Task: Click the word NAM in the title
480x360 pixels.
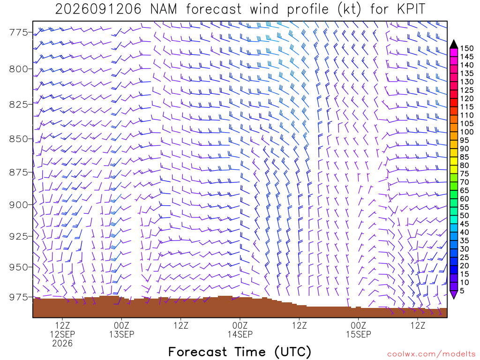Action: (x=164, y=9)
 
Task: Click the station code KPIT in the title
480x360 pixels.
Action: (x=411, y=9)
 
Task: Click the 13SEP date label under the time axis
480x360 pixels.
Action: (x=122, y=334)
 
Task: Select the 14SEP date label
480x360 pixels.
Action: (x=240, y=334)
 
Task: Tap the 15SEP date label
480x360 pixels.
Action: (x=359, y=334)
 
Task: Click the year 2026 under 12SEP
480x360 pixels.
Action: (x=62, y=344)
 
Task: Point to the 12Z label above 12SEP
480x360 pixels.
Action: (x=62, y=325)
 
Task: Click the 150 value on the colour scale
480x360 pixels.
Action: (x=467, y=48)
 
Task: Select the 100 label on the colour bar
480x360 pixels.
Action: (x=467, y=132)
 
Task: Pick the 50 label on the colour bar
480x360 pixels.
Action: (x=465, y=216)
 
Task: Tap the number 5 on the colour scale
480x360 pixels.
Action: (x=462, y=291)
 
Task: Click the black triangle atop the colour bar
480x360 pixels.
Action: (x=454, y=44)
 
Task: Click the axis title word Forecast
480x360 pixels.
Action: (x=198, y=352)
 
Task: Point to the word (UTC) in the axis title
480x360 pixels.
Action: (x=293, y=352)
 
